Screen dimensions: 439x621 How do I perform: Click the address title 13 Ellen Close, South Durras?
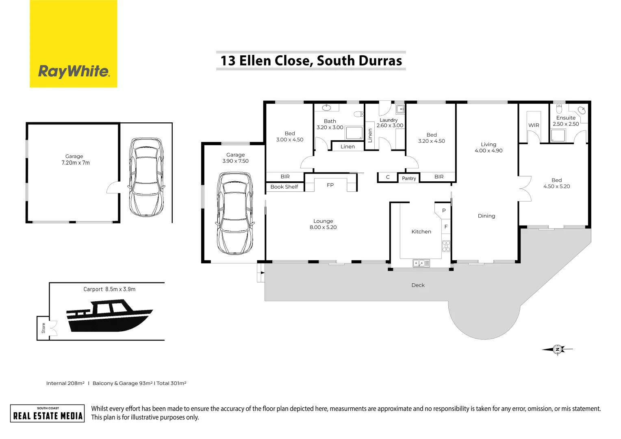311,61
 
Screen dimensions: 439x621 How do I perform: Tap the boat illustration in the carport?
109,316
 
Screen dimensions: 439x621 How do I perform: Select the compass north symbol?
558,349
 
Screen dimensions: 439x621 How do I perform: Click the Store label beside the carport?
43,328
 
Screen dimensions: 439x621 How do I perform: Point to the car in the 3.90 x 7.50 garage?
235,213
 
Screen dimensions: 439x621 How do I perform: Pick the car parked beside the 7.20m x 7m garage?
146,177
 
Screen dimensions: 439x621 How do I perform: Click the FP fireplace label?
330,185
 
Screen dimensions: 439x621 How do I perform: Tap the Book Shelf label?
284,187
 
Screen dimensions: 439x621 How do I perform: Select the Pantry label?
409,178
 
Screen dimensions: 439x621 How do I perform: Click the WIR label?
534,125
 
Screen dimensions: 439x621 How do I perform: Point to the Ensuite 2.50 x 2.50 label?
566,121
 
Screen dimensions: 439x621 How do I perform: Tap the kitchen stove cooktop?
446,246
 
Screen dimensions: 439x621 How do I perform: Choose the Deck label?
418,285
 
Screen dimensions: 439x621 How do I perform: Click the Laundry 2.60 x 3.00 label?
389,123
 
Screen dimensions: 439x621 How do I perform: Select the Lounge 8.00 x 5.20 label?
323,224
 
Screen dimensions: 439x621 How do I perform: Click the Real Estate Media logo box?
48,413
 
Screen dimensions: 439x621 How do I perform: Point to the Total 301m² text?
171,383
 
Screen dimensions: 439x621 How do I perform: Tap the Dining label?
486,216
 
